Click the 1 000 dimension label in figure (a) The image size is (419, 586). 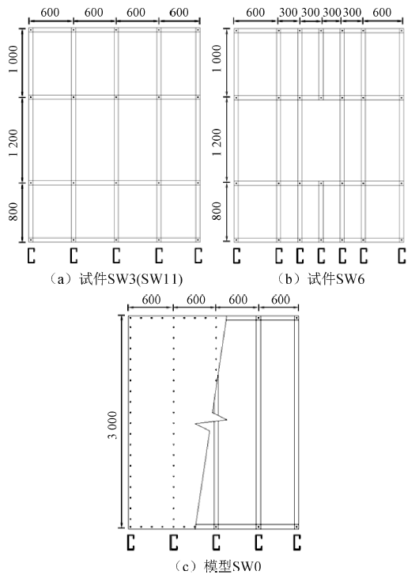coord(13,59)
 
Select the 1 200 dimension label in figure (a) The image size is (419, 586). coord(13,143)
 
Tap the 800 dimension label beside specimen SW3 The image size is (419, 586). coord(13,211)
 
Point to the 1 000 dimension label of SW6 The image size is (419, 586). coord(217,59)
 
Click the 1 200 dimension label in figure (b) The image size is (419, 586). coord(217,142)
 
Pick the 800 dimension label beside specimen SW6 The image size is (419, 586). coord(217,211)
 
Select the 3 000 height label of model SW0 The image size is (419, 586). coord(112,425)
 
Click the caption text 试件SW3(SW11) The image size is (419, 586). coord(130,279)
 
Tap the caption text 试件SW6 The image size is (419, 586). coord(336,279)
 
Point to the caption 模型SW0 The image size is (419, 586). coord(232,566)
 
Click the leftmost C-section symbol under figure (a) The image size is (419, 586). coord(32,255)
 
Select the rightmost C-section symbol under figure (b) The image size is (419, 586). coord(402,255)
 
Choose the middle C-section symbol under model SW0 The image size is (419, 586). coord(217,543)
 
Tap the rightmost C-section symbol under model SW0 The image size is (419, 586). coord(297,543)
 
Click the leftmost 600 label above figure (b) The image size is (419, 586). coord(255,13)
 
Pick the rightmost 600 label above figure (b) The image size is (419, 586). coord(382,13)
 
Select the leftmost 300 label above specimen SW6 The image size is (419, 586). coord(289,13)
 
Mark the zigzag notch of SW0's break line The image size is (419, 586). coord(211,422)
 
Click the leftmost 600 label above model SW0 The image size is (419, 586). coord(151,300)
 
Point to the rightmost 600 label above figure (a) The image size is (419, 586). coord(179,13)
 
